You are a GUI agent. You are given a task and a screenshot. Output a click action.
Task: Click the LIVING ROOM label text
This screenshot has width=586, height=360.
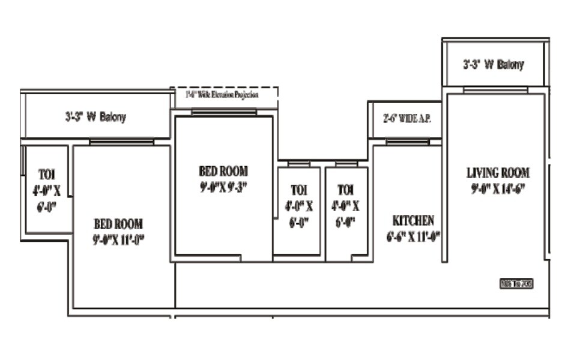(x=498, y=173)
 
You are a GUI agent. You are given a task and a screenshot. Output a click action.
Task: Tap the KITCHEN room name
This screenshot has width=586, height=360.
(x=413, y=220)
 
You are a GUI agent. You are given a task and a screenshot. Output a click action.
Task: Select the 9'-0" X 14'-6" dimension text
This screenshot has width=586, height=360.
(x=498, y=188)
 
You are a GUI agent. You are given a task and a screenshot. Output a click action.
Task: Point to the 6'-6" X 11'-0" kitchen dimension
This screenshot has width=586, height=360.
(x=413, y=236)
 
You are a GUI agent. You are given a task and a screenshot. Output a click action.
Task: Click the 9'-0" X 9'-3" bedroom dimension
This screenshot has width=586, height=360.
(x=223, y=187)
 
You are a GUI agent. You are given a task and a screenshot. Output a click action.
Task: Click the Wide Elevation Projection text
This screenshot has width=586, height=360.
(x=222, y=95)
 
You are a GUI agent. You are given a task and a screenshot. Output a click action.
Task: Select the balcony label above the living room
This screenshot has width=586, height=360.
(x=493, y=65)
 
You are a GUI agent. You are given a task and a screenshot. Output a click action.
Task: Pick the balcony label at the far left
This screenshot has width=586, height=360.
(x=95, y=117)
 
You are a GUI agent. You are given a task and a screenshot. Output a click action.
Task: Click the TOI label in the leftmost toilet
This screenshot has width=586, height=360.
(x=47, y=175)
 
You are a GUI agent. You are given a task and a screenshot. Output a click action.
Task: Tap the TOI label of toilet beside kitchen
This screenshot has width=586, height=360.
(x=346, y=190)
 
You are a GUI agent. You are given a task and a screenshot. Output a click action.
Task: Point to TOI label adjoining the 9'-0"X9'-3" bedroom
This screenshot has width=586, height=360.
(x=298, y=190)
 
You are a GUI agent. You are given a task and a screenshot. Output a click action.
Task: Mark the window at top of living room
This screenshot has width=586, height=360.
(x=495, y=90)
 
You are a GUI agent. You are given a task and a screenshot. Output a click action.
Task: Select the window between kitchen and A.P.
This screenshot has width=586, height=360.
(x=407, y=142)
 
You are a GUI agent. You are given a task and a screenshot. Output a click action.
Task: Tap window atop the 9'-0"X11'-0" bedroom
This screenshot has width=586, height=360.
(x=121, y=142)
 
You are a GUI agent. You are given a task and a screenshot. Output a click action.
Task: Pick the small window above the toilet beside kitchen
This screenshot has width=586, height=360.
(x=346, y=164)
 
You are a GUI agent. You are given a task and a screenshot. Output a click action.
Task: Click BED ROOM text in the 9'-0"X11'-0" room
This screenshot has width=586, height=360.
(x=118, y=224)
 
